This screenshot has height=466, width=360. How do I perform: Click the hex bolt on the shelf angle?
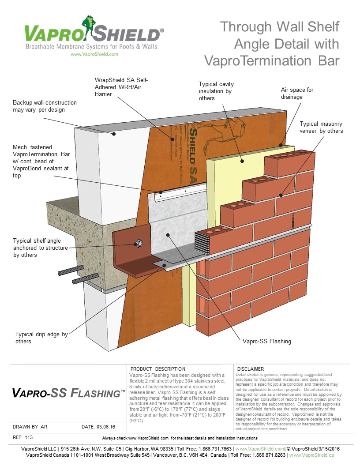pyautogui.click(x=138, y=243)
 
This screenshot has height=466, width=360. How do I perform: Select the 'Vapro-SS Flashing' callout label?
pyautogui.click(x=266, y=341)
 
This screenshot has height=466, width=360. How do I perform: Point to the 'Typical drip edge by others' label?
pyautogui.click(x=41, y=338)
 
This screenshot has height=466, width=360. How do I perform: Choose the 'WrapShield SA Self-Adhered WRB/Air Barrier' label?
pyautogui.click(x=121, y=87)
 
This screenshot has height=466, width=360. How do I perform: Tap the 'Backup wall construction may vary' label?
pyautogui.click(x=45, y=106)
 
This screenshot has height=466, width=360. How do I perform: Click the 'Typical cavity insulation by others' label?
pyautogui.click(x=216, y=90)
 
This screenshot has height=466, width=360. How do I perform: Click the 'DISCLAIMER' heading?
pyautogui.click(x=251, y=369)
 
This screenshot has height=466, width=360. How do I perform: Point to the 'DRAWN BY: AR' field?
pyautogui.click(x=30, y=427)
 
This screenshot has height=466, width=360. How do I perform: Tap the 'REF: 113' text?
pyautogui.click(x=22, y=437)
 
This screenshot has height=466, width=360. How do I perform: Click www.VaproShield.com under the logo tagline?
pyautogui.click(x=94, y=54)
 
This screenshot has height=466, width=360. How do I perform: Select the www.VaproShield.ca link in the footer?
pyautogui.click(x=311, y=455)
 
